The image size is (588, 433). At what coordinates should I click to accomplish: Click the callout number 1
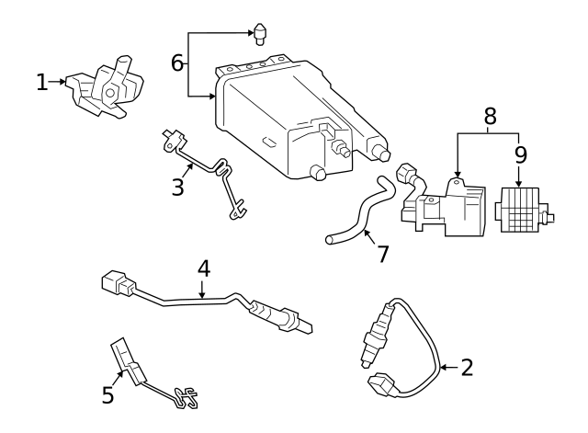[42, 82]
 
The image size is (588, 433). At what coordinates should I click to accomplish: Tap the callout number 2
[467, 368]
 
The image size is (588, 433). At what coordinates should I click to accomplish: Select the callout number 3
[178, 187]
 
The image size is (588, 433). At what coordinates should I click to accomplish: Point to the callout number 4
[204, 269]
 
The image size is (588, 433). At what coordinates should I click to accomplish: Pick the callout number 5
[108, 395]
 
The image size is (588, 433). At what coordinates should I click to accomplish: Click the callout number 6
[178, 63]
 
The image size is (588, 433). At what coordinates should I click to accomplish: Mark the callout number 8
[490, 116]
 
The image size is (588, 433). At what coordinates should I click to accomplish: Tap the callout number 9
[520, 154]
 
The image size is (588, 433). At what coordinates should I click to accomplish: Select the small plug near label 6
[261, 36]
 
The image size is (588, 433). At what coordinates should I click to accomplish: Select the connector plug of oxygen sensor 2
[379, 382]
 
